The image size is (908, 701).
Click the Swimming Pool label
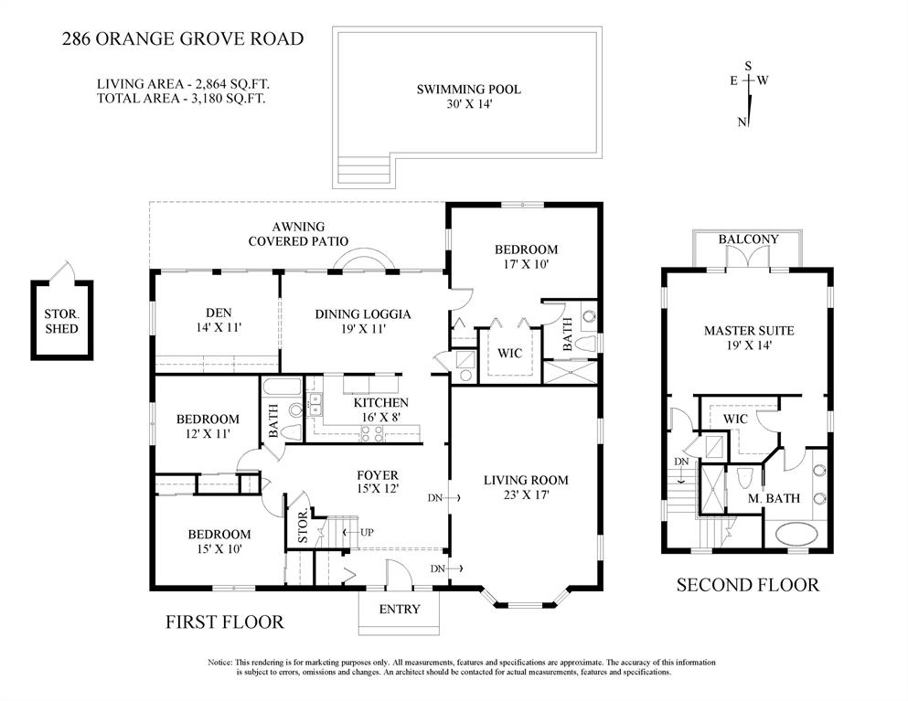[x=468, y=97]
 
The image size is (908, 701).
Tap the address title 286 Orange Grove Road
[x=181, y=38]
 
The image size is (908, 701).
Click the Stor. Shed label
[x=61, y=322]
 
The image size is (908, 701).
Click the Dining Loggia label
[x=363, y=322]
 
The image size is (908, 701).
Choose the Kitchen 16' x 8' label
[x=379, y=410]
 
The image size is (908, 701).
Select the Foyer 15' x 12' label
[x=376, y=482]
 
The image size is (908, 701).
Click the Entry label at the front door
[x=399, y=610]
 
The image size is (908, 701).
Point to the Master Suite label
[x=748, y=338]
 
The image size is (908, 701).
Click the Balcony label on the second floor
[x=748, y=239]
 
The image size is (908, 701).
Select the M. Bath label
[x=774, y=498]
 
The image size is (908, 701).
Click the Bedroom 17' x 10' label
[x=526, y=257]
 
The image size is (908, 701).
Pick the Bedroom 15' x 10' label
[x=219, y=542]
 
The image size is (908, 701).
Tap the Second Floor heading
[x=747, y=585]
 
